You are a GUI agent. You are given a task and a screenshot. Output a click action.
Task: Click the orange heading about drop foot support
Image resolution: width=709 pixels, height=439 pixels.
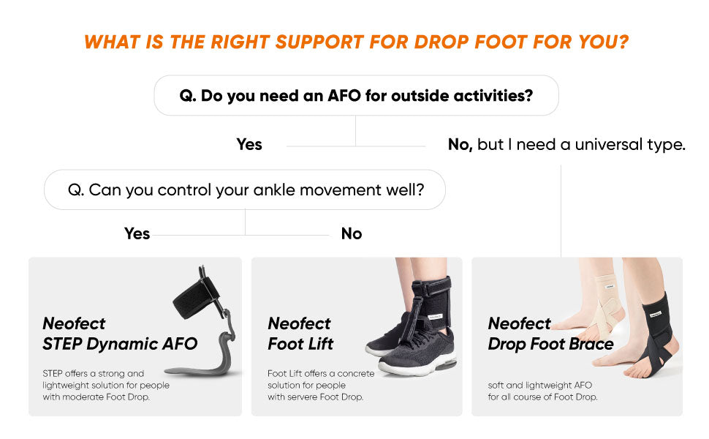[x=356, y=42]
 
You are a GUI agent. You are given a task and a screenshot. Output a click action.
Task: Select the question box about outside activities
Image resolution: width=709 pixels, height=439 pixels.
[x=356, y=95]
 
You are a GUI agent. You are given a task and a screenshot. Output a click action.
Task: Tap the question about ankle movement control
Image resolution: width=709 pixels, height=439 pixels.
[x=245, y=190]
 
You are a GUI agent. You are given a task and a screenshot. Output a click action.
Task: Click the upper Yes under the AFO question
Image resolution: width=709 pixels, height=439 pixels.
[x=249, y=145]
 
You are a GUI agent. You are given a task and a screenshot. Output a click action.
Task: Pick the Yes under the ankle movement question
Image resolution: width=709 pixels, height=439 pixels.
[x=137, y=234]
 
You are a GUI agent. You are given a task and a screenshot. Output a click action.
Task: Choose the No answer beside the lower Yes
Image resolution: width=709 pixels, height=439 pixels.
[x=352, y=234]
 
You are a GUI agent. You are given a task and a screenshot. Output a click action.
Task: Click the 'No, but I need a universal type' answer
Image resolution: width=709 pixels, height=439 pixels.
[x=566, y=145]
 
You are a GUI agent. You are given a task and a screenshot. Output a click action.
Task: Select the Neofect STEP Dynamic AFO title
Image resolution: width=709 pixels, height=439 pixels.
[x=119, y=334]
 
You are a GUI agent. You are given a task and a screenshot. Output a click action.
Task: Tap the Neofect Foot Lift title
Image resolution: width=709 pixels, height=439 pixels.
[x=300, y=334]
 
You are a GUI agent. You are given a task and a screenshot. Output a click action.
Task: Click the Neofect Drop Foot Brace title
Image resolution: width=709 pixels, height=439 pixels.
[x=550, y=334]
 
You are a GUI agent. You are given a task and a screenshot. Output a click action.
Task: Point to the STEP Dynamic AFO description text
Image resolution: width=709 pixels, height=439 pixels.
[x=106, y=385]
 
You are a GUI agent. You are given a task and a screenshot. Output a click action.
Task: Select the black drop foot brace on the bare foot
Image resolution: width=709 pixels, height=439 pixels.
[x=658, y=329]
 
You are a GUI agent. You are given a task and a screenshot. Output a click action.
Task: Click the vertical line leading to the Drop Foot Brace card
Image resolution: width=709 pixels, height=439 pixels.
[x=561, y=212]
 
